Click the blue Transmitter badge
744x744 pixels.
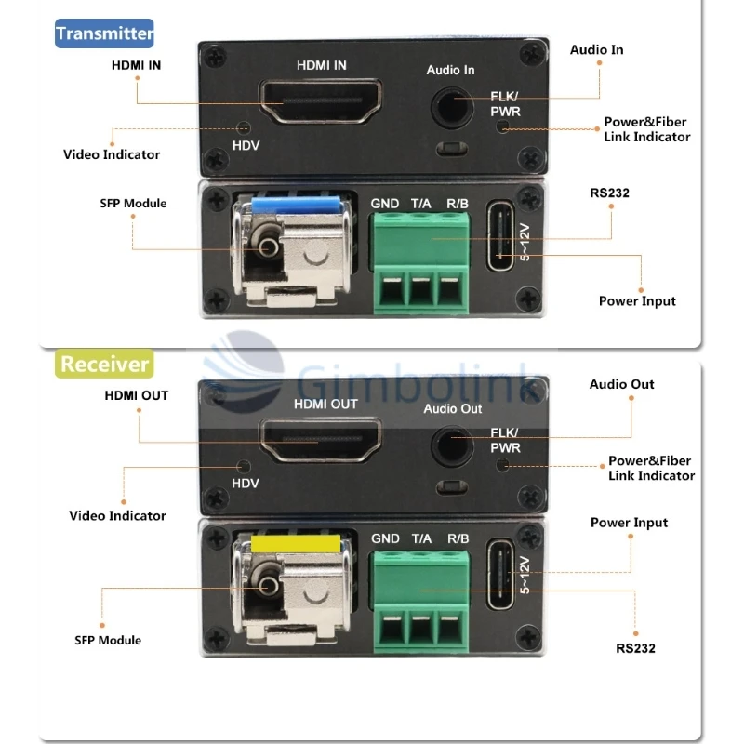click(x=104, y=34)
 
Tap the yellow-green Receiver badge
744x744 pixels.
click(x=104, y=363)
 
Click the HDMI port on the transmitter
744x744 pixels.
click(x=321, y=101)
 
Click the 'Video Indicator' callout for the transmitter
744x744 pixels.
click(x=112, y=154)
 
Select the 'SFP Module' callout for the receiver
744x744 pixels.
click(x=108, y=640)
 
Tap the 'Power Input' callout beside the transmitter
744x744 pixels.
click(x=637, y=300)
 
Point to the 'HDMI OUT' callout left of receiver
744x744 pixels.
click(x=136, y=395)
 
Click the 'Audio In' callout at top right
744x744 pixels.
click(x=597, y=49)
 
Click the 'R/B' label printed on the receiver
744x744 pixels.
click(x=458, y=538)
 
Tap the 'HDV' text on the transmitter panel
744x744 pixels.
click(x=246, y=145)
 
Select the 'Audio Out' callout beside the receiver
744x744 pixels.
click(x=621, y=384)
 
